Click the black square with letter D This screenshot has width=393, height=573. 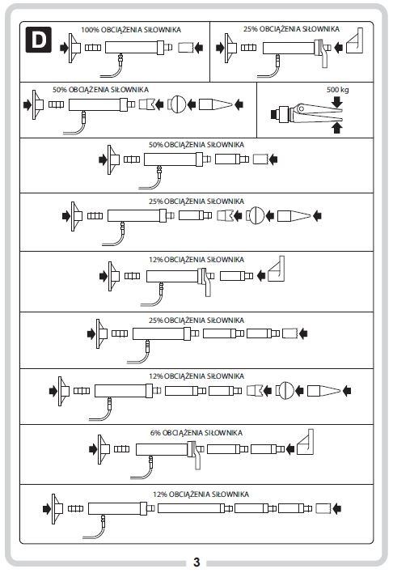point(38,40)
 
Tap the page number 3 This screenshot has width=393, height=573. point(196,562)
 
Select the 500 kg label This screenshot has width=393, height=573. point(337,90)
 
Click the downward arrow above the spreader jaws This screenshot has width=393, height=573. point(336,102)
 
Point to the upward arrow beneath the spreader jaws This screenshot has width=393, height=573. point(336,128)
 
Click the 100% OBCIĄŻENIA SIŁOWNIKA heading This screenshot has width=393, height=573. point(131,30)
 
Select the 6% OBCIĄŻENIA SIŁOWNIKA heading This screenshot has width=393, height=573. point(196,433)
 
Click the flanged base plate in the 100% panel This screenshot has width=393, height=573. point(74,48)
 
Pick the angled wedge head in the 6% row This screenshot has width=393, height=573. point(306,442)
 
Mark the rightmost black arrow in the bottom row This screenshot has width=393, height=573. point(336,508)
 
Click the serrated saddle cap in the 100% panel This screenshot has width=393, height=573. point(185,48)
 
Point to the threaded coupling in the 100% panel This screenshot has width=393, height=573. point(93,48)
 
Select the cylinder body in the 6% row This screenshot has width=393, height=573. point(162,449)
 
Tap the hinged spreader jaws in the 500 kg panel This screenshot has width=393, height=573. point(317,113)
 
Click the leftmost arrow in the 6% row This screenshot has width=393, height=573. point(93,449)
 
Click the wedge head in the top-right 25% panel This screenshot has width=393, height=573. point(355,41)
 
